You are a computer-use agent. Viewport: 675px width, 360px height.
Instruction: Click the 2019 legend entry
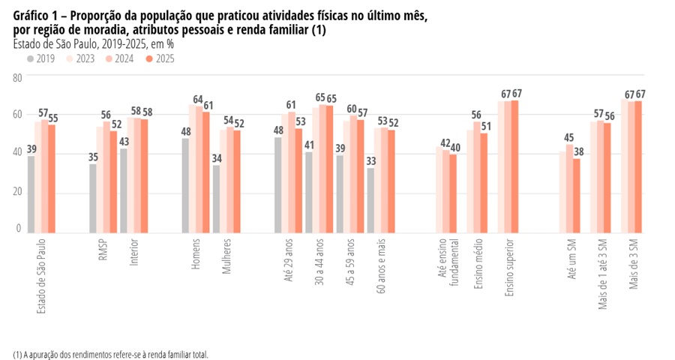coord(41,58)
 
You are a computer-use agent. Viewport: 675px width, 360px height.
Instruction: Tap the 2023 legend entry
coord(80,58)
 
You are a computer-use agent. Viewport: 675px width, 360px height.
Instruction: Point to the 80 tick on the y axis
coord(18,76)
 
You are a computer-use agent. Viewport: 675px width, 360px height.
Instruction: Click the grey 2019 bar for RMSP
coord(93,198)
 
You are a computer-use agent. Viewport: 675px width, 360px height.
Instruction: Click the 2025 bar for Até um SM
coord(576,194)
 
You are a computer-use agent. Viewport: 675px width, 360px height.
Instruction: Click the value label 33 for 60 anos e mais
coord(370,160)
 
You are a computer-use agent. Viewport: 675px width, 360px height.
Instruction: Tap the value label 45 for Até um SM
coord(570,137)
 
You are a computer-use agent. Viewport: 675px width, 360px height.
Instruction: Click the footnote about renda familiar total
coord(110,354)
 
